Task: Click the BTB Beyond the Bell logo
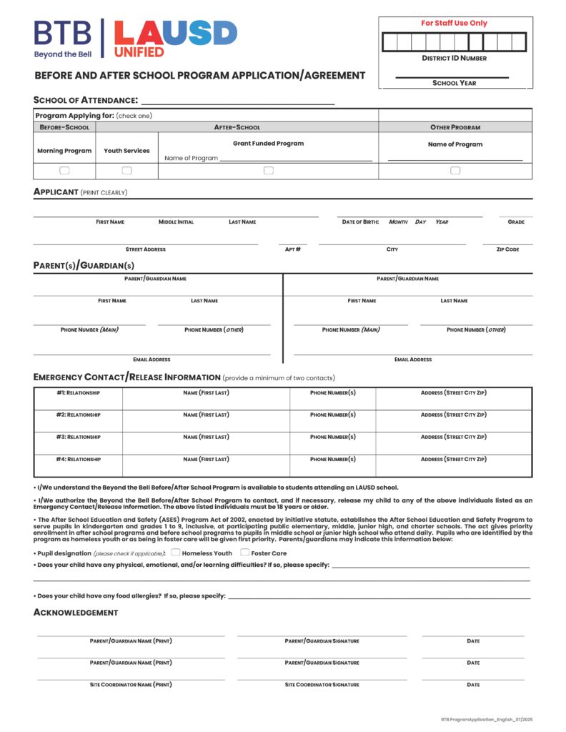coord(63,39)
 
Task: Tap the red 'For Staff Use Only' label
coord(454,24)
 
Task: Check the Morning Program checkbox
coord(64,171)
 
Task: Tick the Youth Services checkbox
coord(126,171)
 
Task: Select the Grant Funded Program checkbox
coord(268,171)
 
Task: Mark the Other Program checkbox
coord(455,171)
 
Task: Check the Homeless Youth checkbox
coord(175,553)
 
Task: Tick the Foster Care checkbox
coord(244,553)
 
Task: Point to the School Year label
coord(454,84)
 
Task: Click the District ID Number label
coord(454,59)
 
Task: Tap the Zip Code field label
coord(507,249)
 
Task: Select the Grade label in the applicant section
coord(516,222)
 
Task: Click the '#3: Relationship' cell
coord(78,437)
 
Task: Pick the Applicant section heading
coord(56,192)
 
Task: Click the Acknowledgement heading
coord(76,613)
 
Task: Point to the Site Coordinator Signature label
coord(322,685)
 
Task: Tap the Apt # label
coord(292,249)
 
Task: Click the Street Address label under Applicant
coord(145,249)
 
